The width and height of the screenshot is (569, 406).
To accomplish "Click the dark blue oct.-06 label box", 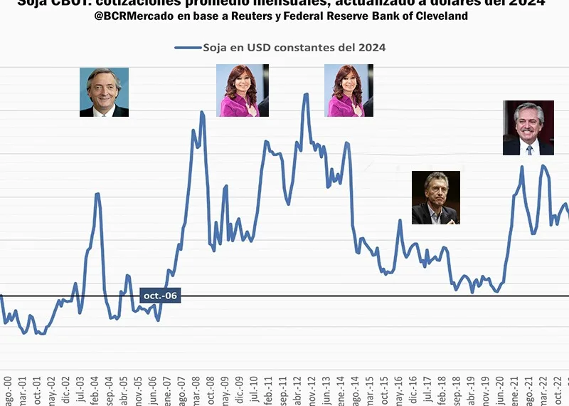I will click(x=160, y=296).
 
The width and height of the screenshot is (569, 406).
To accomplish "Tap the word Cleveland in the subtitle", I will click(x=442, y=16).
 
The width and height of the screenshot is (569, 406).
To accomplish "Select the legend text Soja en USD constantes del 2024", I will click(x=294, y=48).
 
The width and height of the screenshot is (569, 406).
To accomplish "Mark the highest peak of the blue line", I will click(x=306, y=94).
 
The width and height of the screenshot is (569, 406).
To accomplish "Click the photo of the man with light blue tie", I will click(x=104, y=92).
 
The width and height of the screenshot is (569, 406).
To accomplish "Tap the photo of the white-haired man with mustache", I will click(x=528, y=128).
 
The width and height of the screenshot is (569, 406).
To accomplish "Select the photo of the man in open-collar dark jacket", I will click(x=435, y=197).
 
